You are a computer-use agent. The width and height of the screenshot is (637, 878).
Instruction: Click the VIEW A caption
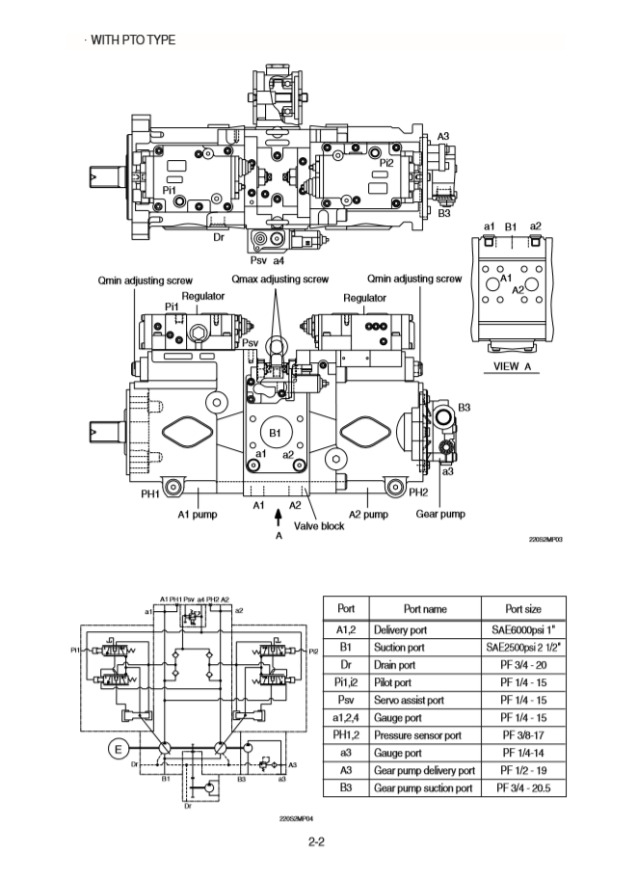513,366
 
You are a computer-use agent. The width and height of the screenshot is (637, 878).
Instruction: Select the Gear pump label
439,514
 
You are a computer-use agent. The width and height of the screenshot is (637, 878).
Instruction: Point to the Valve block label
318,525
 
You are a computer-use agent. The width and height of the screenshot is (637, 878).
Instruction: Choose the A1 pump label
197,514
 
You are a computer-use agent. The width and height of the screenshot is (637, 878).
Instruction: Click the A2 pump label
368,514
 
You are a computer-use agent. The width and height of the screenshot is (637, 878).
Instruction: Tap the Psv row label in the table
344,701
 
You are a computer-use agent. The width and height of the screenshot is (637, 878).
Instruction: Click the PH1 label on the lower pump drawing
150,493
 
